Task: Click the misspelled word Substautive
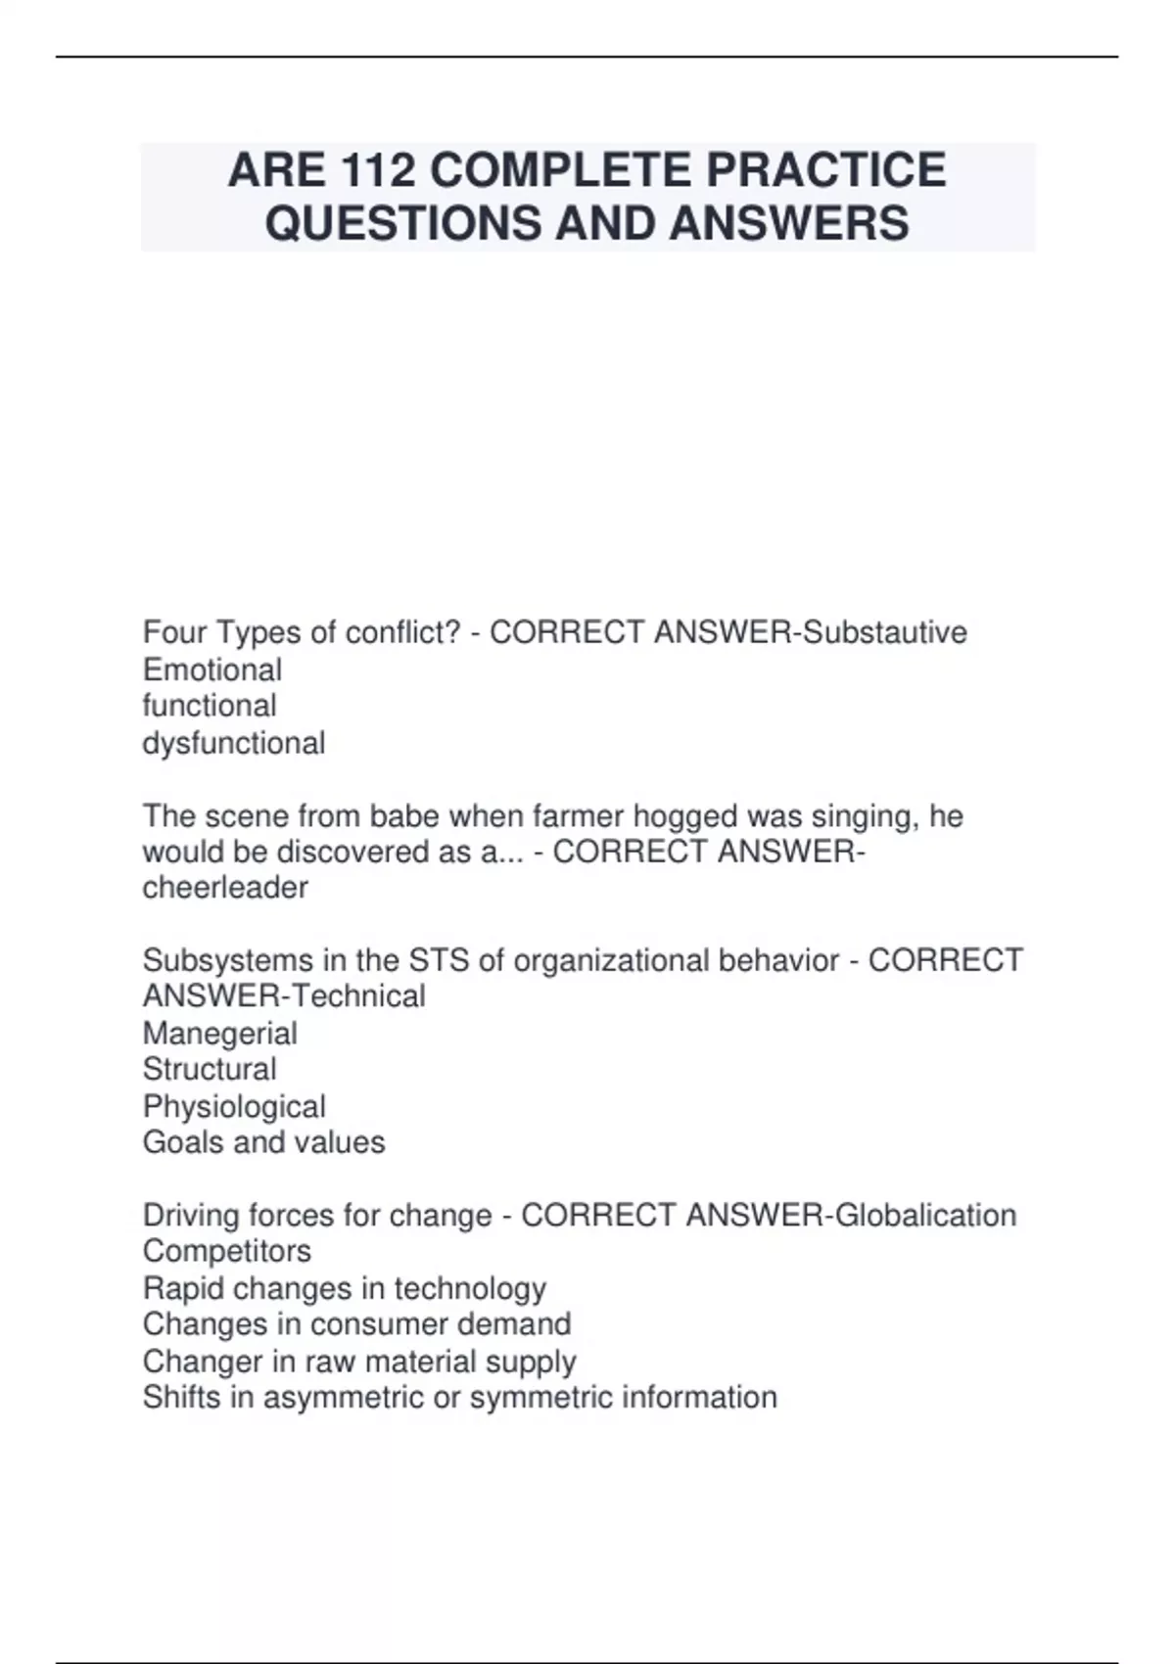pos(884,633)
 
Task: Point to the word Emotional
pos(212,670)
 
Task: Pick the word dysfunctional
pos(234,744)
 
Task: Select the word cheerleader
pos(225,889)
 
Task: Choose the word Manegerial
pos(220,1034)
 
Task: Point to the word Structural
pos(210,1070)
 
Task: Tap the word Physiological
pos(234,1107)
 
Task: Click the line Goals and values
pos(264,1142)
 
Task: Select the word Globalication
pos(923,1216)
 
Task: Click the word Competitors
pos(227,1252)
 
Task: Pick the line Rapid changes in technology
pos(345,1289)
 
